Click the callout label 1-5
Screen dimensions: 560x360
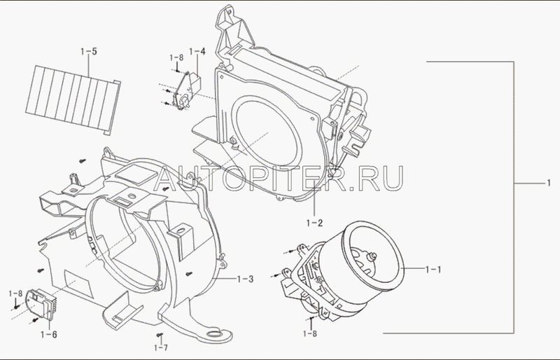tap(89, 52)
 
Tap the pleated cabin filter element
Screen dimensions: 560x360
tap(73, 99)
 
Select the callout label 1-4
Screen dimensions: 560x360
tap(197, 52)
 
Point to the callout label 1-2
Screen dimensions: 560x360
tap(314, 223)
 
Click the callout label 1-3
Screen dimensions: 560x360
tap(246, 279)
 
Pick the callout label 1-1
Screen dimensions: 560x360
tap(433, 269)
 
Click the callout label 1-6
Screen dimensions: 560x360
tap(48, 335)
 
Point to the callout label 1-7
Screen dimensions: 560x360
tap(161, 347)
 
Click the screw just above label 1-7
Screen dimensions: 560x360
tap(160, 335)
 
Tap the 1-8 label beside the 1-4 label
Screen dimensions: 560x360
tap(176, 57)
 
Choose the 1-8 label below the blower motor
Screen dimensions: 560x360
tap(310, 334)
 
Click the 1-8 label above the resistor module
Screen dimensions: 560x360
tap(15, 293)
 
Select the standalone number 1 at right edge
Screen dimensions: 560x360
tap(549, 183)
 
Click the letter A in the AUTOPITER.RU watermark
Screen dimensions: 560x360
tap(167, 178)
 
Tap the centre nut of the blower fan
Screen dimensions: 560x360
tap(374, 256)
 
